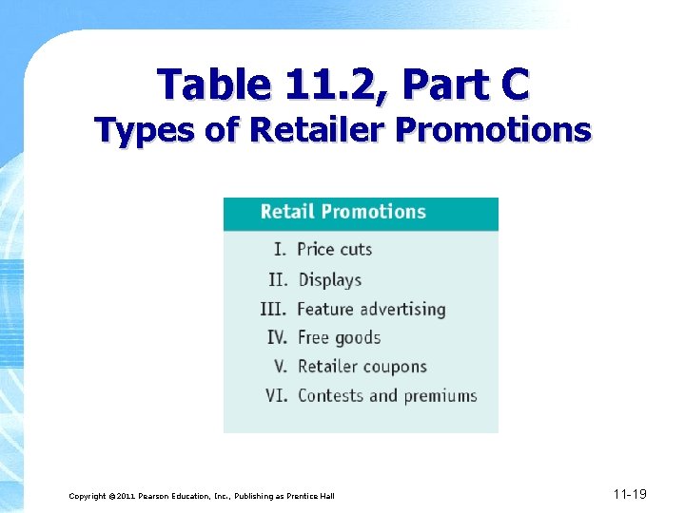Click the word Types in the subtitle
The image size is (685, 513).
coord(148,130)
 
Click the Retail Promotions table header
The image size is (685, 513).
coord(342,212)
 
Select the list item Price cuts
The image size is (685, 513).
coord(334,250)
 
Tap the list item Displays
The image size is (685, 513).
coord(329,279)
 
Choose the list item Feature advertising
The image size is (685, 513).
coord(371,309)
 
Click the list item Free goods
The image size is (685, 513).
coord(339,337)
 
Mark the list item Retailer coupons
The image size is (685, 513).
coord(362,367)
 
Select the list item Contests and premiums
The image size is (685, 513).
coord(387,395)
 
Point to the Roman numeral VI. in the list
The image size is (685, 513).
coord(276,395)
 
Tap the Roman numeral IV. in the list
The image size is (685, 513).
coord(277,337)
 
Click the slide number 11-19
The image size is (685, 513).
coord(630,494)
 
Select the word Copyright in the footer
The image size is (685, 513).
coord(88,496)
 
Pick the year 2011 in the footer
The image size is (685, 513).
coord(127,496)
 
